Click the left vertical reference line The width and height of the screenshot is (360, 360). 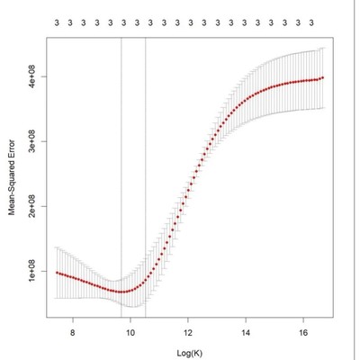(x=121, y=180)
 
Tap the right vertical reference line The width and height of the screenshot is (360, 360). (x=145, y=180)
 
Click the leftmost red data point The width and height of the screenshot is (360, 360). (x=57, y=272)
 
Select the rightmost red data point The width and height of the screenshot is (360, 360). (x=322, y=77)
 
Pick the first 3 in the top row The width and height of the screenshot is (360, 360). (x=56, y=20)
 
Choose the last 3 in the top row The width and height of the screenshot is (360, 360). (x=311, y=20)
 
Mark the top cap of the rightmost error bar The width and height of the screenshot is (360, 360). (x=322, y=49)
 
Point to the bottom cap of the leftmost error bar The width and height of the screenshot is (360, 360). (x=57, y=298)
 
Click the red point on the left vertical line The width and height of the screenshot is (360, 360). (x=121, y=291)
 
